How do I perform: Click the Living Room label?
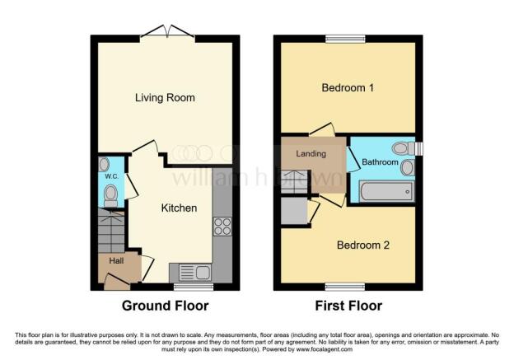[x=166, y=98]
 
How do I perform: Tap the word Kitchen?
[x=179, y=208]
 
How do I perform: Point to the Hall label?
[x=116, y=260]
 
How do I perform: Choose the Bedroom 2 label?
[x=362, y=245]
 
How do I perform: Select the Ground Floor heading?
[x=165, y=306]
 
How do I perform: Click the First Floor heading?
[x=348, y=306]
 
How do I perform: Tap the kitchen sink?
[x=191, y=272]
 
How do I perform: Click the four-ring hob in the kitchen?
[x=222, y=226]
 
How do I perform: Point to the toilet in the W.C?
[x=111, y=194]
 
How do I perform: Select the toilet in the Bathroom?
[x=402, y=148]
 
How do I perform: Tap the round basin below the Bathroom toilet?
[x=407, y=167]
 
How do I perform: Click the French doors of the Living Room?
[x=168, y=33]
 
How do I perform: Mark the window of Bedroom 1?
[x=345, y=38]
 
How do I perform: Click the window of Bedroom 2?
[x=346, y=285]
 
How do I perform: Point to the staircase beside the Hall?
[x=110, y=231]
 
